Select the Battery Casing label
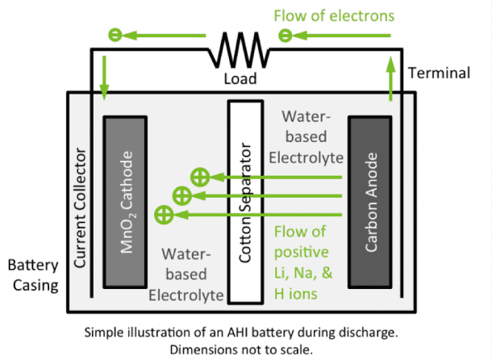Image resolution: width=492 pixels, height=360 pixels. (x=34, y=275)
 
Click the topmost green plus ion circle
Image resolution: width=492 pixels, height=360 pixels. (x=198, y=176)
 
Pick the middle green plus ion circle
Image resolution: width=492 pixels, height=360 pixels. (x=182, y=195)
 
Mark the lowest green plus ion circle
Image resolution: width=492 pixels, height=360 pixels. (x=165, y=215)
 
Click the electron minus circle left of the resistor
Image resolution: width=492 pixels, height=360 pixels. (x=115, y=35)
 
